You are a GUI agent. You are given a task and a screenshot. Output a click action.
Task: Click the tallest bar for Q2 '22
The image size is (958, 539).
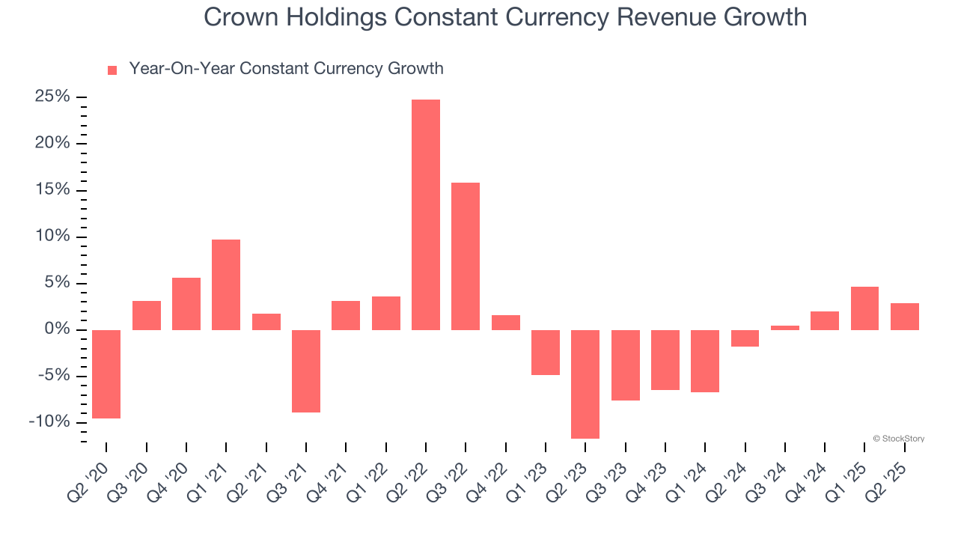(x=426, y=215)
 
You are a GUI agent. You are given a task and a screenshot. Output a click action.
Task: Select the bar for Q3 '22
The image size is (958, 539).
(x=466, y=256)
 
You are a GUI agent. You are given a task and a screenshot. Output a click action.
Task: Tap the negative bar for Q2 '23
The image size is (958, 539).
(x=585, y=384)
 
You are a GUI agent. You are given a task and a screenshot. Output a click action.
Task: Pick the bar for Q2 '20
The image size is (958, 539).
(x=106, y=374)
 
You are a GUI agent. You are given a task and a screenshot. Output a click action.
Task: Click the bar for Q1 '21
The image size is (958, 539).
(x=226, y=284)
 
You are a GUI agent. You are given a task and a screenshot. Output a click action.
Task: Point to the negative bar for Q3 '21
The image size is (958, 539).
(x=306, y=371)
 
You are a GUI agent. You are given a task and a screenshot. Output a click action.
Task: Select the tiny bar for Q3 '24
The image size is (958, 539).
(x=785, y=327)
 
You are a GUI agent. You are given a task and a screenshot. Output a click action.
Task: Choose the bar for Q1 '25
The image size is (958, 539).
(x=864, y=308)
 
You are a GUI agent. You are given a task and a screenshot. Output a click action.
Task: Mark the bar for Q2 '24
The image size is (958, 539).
(x=745, y=338)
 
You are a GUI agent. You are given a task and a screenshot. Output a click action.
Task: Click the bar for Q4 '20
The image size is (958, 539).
(x=186, y=304)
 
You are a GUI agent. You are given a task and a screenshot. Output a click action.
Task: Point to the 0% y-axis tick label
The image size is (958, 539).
(x=57, y=330)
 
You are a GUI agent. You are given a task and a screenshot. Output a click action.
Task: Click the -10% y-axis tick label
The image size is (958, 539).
(x=49, y=422)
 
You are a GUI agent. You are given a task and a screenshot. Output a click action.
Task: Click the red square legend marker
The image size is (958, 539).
(x=112, y=70)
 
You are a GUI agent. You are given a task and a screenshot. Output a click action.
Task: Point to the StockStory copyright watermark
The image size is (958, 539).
(x=898, y=439)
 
